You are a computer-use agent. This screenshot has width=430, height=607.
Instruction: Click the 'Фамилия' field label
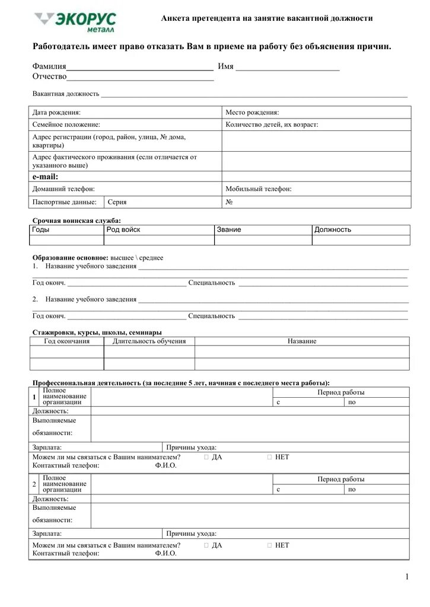tap(49, 66)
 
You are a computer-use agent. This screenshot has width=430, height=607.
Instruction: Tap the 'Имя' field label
tap(225, 66)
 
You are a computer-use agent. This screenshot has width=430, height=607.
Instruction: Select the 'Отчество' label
tap(50, 76)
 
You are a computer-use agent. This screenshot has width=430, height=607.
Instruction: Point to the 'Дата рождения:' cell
tap(56, 112)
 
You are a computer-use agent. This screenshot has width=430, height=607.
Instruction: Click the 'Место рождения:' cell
tap(252, 112)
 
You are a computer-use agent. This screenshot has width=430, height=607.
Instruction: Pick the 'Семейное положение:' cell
tap(66, 124)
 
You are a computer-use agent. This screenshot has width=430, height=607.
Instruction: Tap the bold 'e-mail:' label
tap(45, 177)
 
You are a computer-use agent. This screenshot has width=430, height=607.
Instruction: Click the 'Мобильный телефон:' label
tap(258, 189)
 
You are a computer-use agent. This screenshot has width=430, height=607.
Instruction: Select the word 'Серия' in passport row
tap(117, 202)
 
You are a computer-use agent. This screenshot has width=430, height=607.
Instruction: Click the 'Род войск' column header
tap(123, 229)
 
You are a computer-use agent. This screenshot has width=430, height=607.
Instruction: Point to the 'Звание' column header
tap(229, 229)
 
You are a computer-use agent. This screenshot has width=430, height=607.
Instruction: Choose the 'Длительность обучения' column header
tap(149, 341)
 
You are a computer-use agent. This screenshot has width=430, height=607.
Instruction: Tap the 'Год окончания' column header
tap(67, 341)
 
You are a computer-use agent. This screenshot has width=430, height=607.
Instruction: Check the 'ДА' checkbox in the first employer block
tap(206, 458)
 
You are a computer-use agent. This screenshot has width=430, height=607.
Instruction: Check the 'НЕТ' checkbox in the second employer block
tap(270, 545)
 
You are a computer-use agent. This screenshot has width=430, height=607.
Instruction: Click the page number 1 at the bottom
tap(407, 577)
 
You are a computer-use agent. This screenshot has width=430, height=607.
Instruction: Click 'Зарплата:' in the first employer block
tap(47, 448)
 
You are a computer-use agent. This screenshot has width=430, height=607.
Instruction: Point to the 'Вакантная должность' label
tap(65, 94)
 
